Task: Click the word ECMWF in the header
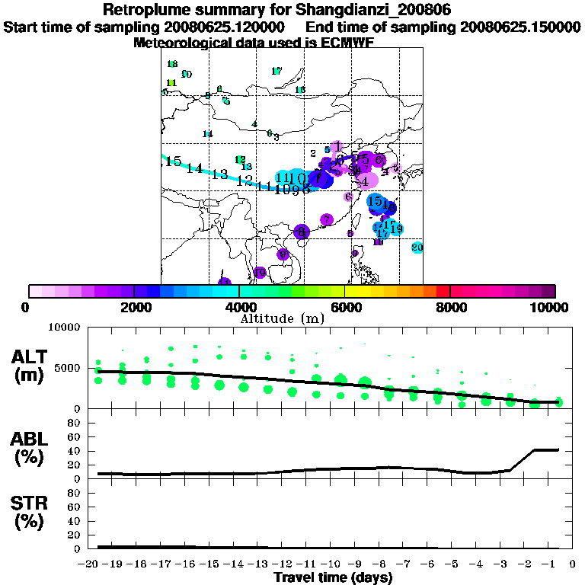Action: [x=348, y=43]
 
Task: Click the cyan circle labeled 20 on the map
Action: [x=417, y=248]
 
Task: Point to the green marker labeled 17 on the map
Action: [x=277, y=71]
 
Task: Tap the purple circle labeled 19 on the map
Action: [x=260, y=273]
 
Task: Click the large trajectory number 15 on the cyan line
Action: [x=173, y=161]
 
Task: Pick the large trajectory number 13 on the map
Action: [x=220, y=174]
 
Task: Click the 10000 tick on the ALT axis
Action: [x=64, y=328]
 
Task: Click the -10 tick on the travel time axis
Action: [x=333, y=565]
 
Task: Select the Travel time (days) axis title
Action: [x=333, y=578]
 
